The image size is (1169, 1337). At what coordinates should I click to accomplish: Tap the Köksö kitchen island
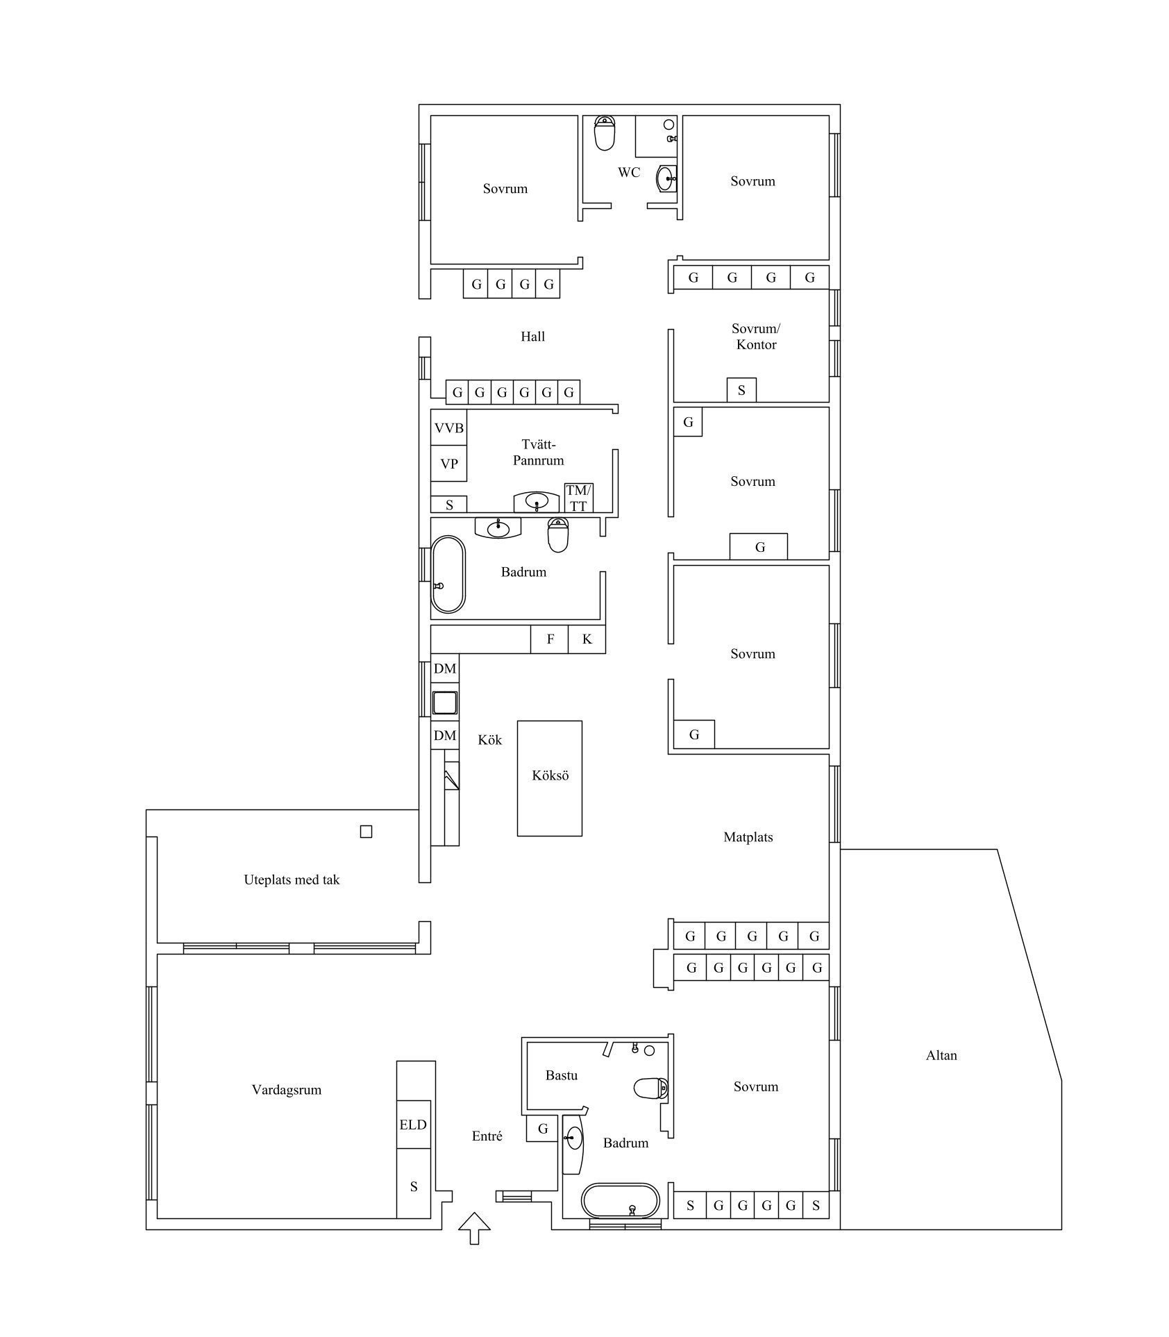[550, 778]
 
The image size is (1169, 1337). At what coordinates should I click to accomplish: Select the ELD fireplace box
[413, 1124]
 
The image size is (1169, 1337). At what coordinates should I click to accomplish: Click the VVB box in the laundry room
[448, 428]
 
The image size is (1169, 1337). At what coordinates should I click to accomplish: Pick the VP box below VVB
[448, 464]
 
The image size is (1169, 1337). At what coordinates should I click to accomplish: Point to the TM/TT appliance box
[579, 498]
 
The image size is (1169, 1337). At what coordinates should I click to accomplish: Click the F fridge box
[550, 639]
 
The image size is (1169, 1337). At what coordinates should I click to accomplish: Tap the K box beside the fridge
[587, 639]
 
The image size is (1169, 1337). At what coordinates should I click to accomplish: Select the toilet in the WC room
[605, 133]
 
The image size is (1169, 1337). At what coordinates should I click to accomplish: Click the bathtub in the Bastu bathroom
[620, 1201]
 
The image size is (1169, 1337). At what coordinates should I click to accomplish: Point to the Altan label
[941, 1055]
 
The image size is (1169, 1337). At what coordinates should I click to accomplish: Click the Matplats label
[748, 837]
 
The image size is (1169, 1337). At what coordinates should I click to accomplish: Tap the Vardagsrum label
[287, 1090]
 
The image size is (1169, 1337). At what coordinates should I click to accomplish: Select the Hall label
[533, 337]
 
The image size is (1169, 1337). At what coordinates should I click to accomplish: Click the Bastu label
[562, 1075]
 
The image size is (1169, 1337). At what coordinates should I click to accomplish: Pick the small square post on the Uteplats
[366, 832]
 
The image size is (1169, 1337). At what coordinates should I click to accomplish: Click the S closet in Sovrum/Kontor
[741, 389]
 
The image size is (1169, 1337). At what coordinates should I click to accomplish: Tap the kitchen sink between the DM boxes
[444, 703]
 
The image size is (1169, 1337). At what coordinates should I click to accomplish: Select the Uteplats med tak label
[292, 880]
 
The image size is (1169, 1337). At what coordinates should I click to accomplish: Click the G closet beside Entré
[543, 1129]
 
